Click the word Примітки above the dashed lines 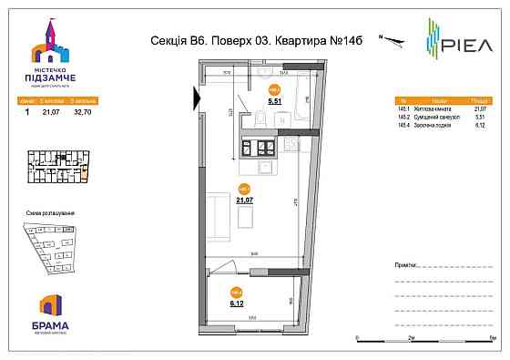point(407,262)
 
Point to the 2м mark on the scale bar point(411,336)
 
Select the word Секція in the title point(166,40)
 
